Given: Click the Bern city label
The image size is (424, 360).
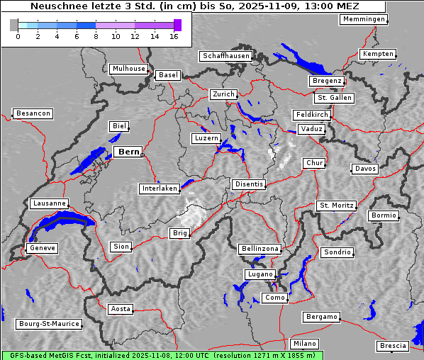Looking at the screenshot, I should (128, 152).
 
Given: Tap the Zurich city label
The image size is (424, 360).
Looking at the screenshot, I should (223, 94).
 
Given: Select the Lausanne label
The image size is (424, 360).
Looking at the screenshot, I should (49, 203).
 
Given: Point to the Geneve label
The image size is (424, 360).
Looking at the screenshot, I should (42, 248).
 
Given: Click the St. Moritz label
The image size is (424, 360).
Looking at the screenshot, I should (336, 206).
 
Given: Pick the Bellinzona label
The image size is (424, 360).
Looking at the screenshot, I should (260, 249).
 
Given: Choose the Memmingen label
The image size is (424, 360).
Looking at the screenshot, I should (364, 19).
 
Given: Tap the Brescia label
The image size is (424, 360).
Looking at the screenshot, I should (393, 346).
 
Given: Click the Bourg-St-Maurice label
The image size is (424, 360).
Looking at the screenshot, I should (49, 324).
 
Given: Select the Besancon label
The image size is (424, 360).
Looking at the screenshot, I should (33, 113).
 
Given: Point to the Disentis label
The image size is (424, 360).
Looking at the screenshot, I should (249, 184).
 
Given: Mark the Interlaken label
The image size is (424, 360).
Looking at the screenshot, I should (160, 189).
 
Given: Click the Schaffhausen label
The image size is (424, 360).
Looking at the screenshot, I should (225, 55).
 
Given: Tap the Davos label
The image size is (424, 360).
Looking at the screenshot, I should (365, 169).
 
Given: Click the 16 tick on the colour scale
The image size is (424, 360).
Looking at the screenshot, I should (174, 35).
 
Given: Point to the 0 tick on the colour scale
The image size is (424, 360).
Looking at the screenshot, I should (18, 35).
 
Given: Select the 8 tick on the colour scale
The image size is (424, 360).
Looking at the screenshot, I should (96, 35).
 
